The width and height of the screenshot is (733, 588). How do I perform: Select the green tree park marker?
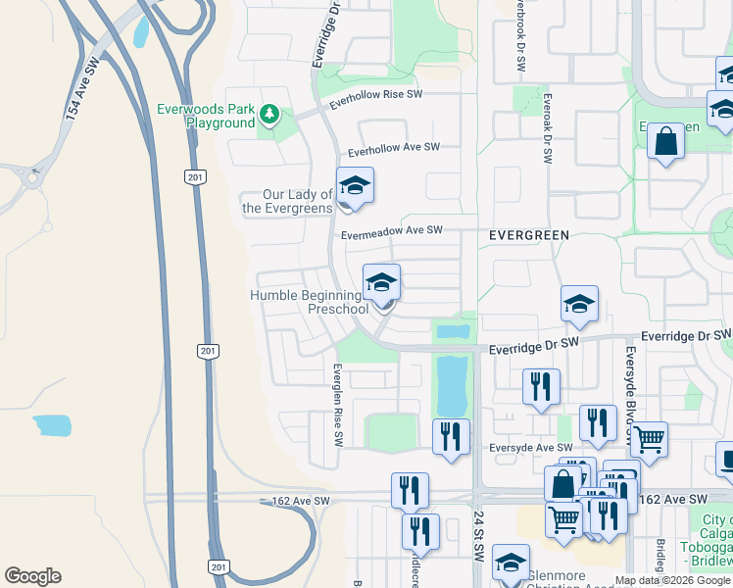click(269, 117)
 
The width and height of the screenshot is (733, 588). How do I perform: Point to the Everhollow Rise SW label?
click(375, 100)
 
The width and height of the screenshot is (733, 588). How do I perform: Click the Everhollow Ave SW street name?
click(394, 149)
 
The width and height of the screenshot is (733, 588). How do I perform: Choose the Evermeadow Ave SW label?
click(392, 231)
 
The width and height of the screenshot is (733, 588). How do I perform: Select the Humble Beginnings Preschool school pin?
click(381, 284)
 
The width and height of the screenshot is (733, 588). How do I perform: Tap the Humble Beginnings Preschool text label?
click(308, 302)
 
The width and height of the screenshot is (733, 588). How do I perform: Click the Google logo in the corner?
click(32, 576)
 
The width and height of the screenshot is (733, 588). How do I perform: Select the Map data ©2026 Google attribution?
click(672, 580)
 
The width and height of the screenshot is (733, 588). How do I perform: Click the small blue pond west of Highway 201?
click(52, 425)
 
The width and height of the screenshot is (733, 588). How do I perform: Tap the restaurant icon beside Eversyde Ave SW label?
click(450, 436)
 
